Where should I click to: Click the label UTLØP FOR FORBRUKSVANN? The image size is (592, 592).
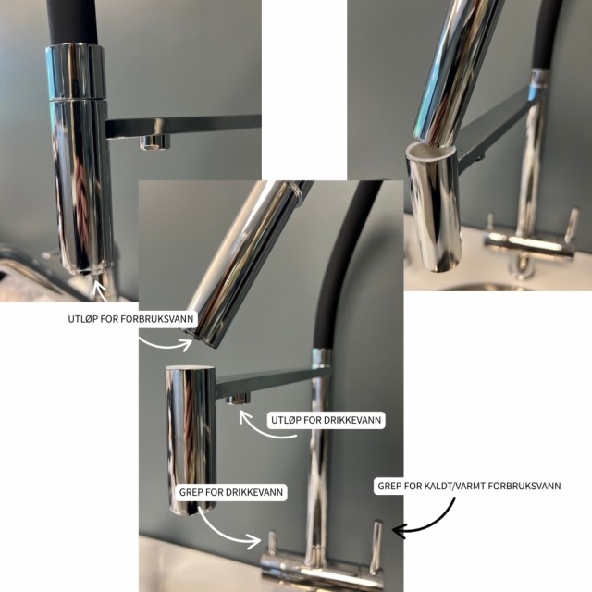coord(130,318)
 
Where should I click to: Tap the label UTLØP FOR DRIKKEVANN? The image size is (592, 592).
coord(326,420)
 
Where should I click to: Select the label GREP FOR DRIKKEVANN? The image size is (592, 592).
coord(231,492)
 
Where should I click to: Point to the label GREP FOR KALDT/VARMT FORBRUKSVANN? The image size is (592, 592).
coord(469,486)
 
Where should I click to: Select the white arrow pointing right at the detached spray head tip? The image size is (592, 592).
coord(166,344)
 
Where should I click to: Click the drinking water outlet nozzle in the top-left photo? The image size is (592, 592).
coord(154,142)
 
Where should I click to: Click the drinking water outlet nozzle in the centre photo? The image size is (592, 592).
coord(239,399)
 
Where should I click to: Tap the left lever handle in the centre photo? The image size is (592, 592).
coord(271,543)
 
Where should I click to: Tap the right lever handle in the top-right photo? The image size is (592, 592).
coord(572,226)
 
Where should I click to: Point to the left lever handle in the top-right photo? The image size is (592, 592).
coord(490,223)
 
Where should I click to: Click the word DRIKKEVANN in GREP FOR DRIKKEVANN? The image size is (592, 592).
coord(254,492)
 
